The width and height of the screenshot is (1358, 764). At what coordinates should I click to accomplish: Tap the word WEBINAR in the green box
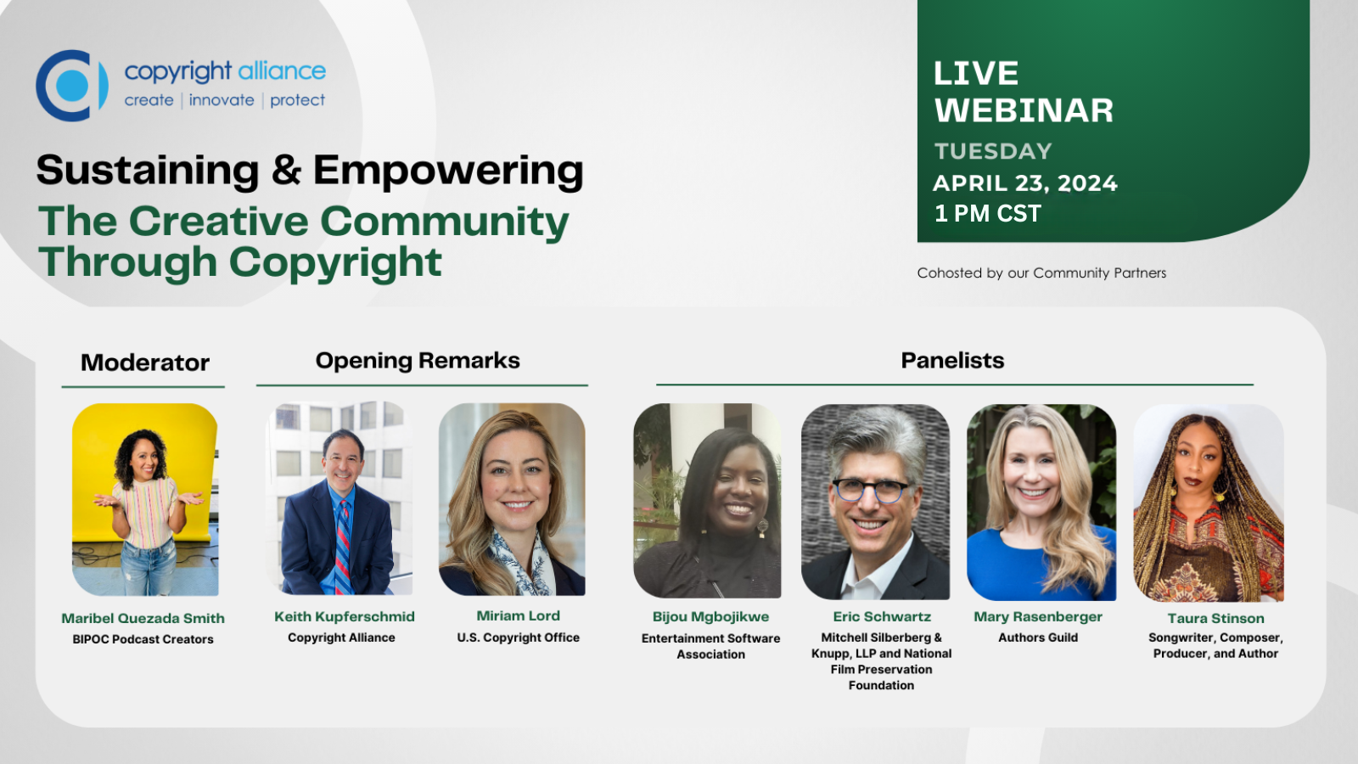(x=1024, y=110)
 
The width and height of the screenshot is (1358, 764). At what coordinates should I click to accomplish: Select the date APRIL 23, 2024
(x=1024, y=183)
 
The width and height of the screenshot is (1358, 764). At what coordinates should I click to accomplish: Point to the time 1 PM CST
(x=988, y=213)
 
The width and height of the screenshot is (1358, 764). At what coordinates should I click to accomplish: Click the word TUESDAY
(x=993, y=151)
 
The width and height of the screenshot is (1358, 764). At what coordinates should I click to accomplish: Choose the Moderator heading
(x=145, y=362)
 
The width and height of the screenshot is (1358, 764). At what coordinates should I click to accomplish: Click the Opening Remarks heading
(x=418, y=361)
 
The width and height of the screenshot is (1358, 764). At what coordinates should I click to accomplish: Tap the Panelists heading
(x=952, y=361)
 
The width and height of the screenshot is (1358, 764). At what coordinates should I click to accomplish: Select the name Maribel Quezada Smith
(x=143, y=619)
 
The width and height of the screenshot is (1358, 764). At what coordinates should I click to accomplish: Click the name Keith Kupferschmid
(x=345, y=616)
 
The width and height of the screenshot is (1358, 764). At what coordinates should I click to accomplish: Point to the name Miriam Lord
(x=518, y=616)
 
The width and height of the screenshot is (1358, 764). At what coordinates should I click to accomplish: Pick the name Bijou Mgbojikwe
(x=710, y=616)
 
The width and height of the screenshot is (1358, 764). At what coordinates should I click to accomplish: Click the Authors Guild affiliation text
(x=1038, y=638)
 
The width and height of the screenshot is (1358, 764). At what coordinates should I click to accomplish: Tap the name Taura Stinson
(x=1215, y=619)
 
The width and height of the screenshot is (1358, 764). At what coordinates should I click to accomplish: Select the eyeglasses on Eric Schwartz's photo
(x=872, y=491)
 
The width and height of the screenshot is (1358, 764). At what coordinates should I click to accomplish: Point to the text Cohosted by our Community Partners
(x=1041, y=272)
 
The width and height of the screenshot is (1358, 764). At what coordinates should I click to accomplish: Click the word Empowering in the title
(x=448, y=171)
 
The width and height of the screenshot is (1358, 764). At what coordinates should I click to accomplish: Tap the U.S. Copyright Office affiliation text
(x=519, y=638)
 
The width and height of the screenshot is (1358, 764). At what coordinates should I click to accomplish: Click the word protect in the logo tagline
(x=297, y=101)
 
